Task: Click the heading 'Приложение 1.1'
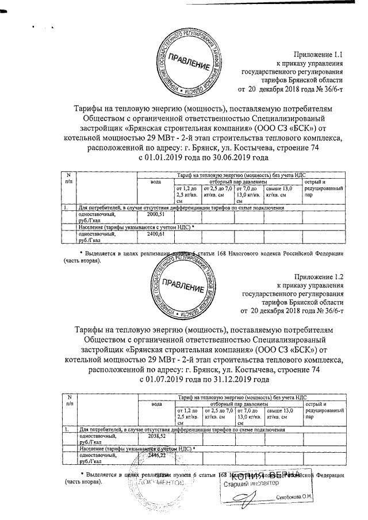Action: tap(317, 55)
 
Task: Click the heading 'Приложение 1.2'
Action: tap(317, 276)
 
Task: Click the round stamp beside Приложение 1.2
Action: tap(186, 286)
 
